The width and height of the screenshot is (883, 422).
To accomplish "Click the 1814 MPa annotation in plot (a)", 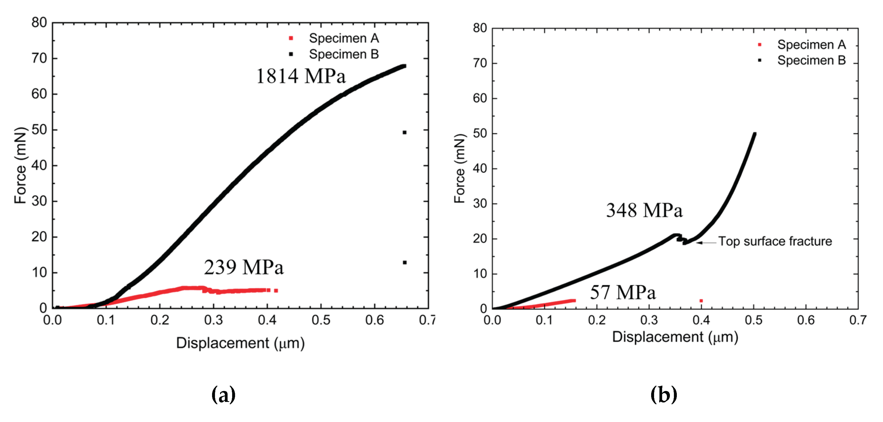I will (x=301, y=76).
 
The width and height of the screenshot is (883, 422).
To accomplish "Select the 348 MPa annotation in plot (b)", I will (x=644, y=210).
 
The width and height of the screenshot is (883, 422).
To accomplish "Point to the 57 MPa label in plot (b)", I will (x=622, y=292).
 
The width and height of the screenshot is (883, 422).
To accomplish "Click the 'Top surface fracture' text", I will (x=775, y=241).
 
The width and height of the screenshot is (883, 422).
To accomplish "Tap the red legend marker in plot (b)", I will (x=759, y=44).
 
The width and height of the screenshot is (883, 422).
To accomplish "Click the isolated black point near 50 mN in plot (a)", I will (x=405, y=132).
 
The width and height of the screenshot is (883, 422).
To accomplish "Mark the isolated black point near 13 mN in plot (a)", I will (x=405, y=263).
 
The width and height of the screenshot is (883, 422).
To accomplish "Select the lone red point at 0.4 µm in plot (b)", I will (x=701, y=301).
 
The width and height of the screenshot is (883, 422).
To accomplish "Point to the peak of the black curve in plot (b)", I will (x=754, y=134).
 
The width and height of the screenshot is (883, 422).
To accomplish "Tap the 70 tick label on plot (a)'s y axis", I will (x=39, y=59).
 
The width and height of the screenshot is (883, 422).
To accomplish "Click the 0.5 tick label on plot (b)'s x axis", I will (x=753, y=320).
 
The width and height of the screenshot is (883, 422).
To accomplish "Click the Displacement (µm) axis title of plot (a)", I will (x=240, y=343).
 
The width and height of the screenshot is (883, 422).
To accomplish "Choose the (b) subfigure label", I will (x=664, y=395).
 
